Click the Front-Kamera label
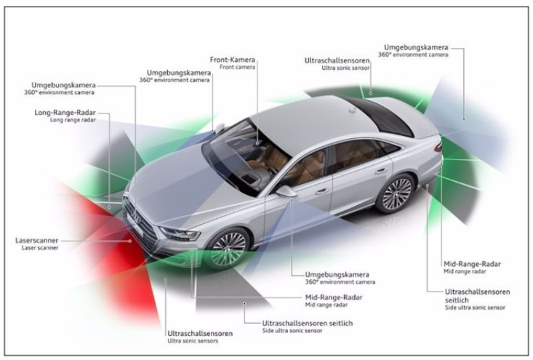tap(233, 60)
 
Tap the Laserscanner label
tap(36, 241)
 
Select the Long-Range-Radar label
tap(65, 113)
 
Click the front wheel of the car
tap(228, 249)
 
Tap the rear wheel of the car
tap(396, 194)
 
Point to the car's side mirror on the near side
tap(286, 191)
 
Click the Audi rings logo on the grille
tap(137, 217)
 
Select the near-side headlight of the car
tap(180, 233)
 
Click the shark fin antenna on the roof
tap(353, 110)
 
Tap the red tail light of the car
tap(438, 146)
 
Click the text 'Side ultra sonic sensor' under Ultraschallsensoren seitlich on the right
tap(475, 308)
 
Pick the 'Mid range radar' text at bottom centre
tap(326, 305)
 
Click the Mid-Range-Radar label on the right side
tap(472, 264)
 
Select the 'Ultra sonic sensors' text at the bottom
tap(193, 341)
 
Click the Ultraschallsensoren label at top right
tap(337, 60)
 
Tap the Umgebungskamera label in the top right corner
tap(416, 47)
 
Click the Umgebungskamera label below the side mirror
tap(337, 274)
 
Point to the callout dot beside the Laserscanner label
tap(130, 241)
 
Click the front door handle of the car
tap(321, 192)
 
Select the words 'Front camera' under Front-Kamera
tap(237, 68)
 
